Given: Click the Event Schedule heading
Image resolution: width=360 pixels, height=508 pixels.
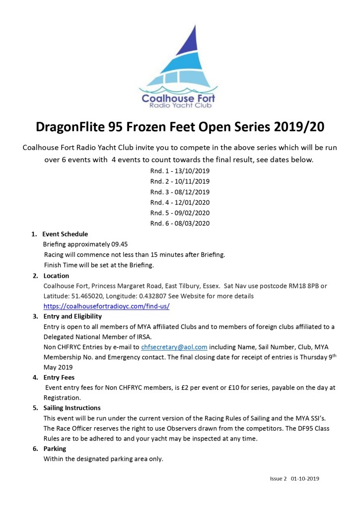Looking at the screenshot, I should click(x=65, y=234).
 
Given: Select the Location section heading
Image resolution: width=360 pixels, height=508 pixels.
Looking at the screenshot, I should click(x=56, y=275).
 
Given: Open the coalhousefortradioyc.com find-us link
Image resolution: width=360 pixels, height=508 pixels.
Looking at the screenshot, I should click(x=107, y=306).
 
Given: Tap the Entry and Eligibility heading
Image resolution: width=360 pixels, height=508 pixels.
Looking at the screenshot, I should click(x=72, y=316).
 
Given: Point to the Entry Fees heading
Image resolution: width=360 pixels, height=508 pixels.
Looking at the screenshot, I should click(x=59, y=378).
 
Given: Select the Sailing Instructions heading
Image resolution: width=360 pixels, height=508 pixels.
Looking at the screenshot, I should click(x=72, y=408).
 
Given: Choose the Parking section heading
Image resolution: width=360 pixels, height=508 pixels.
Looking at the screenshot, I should click(x=55, y=448).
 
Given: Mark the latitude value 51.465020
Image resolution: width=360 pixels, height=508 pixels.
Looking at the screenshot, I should click(x=85, y=296).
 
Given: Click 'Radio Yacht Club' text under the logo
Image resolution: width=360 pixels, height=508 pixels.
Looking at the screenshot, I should click(x=179, y=106).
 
